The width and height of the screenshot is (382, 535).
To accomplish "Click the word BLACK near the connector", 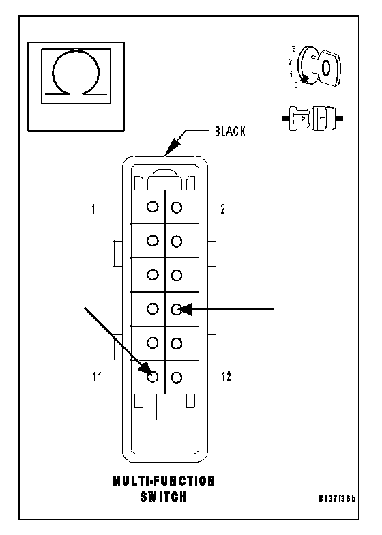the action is [230, 131].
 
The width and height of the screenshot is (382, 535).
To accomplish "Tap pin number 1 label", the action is [93, 209].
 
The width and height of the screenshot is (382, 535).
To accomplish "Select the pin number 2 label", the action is [222, 209].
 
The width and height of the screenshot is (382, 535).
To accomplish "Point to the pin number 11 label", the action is [97, 377].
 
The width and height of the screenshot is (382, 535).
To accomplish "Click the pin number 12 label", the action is [226, 377].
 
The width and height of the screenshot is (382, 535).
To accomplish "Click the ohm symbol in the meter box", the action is [76, 72].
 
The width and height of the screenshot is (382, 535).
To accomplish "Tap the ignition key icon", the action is [319, 67].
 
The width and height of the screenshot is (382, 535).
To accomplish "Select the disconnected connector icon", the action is [312, 119].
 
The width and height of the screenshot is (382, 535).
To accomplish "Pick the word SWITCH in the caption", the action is [164, 497].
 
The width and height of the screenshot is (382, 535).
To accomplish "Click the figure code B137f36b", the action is [337, 498].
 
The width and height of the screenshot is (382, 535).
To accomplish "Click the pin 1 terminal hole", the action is [153, 206].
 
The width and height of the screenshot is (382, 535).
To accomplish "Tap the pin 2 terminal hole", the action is [176, 207].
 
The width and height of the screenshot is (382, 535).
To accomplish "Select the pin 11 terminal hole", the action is [153, 377].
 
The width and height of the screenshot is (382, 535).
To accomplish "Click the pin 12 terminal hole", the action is [176, 377].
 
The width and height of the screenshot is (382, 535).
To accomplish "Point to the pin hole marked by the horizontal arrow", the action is [176, 310].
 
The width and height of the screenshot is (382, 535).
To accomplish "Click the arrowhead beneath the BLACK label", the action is [173, 147].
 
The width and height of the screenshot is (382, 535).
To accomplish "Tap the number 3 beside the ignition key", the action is [293, 49].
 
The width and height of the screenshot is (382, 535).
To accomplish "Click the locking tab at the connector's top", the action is [165, 179].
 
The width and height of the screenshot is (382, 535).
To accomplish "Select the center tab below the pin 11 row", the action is [165, 407].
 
